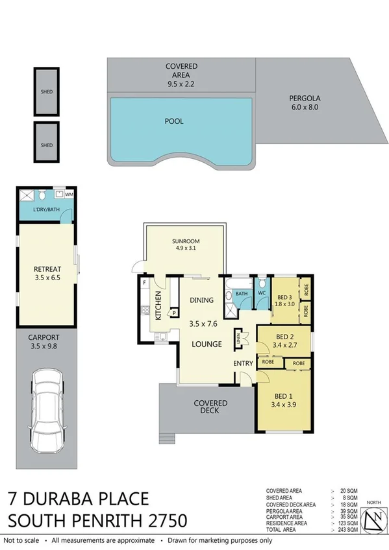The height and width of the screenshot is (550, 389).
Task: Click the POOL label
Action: click(x=174, y=121)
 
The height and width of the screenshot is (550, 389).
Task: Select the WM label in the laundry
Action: click(x=69, y=194)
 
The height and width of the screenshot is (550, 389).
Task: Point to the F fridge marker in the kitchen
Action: click(x=144, y=283)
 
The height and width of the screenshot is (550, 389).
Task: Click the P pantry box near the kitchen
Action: click(x=173, y=313)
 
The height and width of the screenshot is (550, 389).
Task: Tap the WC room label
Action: click(x=262, y=293)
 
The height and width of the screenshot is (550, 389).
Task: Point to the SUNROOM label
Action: click(x=185, y=238)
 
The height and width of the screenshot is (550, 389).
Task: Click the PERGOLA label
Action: click(x=305, y=99)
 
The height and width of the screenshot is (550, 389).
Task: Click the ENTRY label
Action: click(x=243, y=363)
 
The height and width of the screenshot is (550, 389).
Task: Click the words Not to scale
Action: click(x=23, y=540)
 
